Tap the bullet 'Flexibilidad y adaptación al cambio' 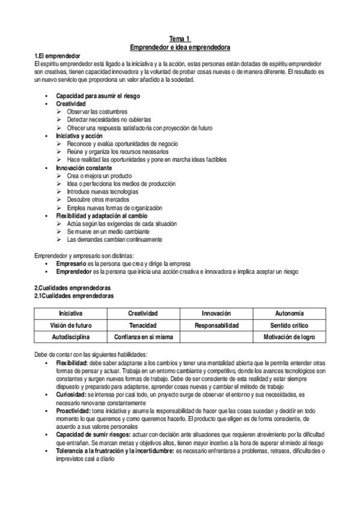102,215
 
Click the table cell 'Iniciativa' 71,313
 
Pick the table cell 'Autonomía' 289,313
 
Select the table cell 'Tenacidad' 143,325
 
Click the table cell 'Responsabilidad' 216,325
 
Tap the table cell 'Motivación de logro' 289,337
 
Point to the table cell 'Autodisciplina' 71,337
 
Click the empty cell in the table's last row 216,337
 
